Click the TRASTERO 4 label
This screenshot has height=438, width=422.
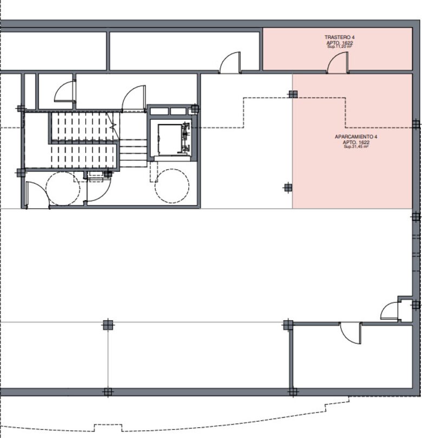340,37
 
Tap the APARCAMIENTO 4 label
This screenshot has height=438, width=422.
356,137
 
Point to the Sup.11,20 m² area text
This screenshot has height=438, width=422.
340,47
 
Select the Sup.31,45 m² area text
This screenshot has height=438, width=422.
356,146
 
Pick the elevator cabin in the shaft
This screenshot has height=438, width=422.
170,139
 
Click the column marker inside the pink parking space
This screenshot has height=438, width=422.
293,94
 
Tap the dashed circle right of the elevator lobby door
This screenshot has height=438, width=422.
172,186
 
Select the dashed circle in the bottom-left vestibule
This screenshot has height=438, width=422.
63,189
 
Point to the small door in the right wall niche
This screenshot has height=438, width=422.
390,311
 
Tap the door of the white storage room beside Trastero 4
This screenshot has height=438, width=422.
230,63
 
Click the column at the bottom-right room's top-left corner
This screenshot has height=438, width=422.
288,325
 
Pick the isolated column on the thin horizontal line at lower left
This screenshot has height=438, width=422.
108,325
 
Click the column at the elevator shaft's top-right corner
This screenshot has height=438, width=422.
195,109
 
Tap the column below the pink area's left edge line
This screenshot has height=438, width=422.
288,188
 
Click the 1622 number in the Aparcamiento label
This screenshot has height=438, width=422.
364,142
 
